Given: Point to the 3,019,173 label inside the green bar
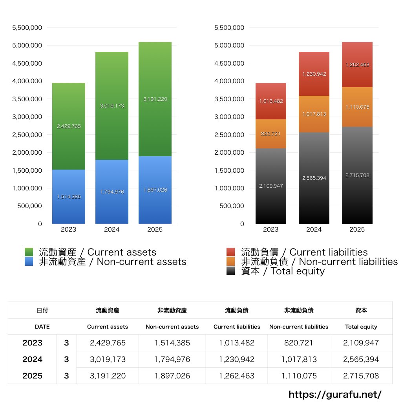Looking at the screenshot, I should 112,106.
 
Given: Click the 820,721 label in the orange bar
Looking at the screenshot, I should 271,134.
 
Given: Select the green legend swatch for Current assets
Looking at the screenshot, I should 29,252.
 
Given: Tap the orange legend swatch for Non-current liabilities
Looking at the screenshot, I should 231,261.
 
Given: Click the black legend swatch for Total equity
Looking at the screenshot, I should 231,271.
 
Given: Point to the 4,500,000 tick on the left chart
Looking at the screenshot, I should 27,63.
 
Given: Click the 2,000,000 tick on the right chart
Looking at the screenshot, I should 230,152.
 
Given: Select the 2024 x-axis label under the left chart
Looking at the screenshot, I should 112,230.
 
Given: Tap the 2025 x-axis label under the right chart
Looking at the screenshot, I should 357,230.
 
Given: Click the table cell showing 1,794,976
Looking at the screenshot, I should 172,359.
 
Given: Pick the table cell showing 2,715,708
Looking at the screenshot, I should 361,376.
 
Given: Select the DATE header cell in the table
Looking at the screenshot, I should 42,327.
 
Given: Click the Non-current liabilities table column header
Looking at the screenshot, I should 299,327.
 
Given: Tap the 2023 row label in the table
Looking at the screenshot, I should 32,343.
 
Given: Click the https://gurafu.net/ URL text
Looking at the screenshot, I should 335,394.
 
